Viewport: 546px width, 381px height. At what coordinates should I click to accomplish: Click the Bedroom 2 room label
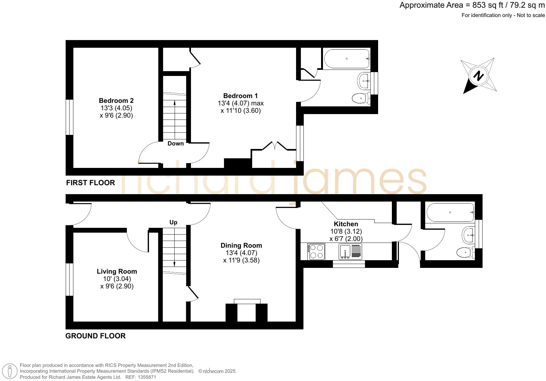(x=116, y=101)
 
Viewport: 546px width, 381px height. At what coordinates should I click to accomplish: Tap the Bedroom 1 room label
(x=240, y=96)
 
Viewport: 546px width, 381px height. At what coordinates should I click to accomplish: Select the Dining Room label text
(x=241, y=245)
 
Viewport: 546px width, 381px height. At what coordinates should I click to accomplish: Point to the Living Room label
(x=117, y=271)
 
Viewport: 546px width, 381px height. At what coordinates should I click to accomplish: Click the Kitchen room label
(x=346, y=224)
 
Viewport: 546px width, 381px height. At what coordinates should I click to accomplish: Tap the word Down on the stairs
(x=176, y=144)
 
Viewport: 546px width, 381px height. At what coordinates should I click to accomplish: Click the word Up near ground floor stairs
(x=173, y=222)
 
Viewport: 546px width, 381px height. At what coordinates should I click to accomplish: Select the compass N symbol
(x=479, y=76)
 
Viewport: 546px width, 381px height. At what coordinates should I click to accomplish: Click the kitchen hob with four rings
(x=316, y=252)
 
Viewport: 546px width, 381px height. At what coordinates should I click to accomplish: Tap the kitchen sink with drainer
(x=350, y=252)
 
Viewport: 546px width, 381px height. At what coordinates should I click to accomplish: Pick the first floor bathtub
(x=347, y=59)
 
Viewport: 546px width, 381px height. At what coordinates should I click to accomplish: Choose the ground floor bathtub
(x=450, y=212)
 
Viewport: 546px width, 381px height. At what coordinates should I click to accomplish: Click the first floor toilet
(x=361, y=98)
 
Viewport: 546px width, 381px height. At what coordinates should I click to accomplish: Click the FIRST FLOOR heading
(x=90, y=183)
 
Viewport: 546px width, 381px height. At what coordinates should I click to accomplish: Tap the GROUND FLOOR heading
(x=95, y=336)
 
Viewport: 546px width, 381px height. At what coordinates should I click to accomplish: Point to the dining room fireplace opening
(x=247, y=312)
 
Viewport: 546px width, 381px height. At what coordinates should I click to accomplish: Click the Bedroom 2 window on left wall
(x=70, y=117)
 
